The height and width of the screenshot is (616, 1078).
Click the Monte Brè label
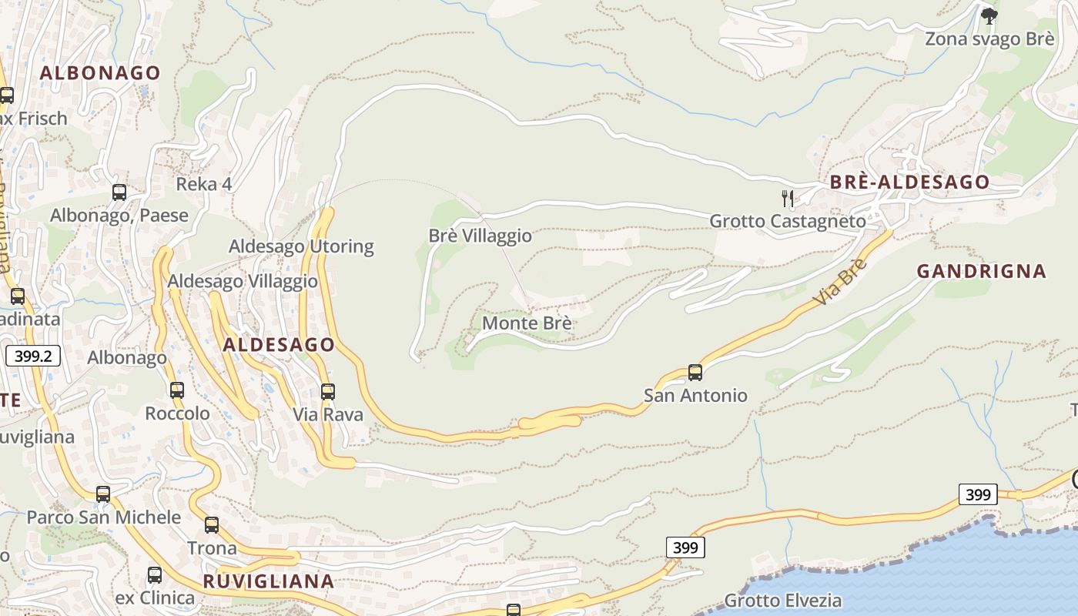tap(527, 323)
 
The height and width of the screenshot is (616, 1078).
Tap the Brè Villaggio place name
tap(480, 236)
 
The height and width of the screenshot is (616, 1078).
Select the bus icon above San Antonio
tap(695, 373)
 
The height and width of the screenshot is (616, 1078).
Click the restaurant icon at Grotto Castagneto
tap(787, 199)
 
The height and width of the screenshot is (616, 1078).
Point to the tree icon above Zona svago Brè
tap(989, 15)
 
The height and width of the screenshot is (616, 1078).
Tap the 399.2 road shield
tap(33, 356)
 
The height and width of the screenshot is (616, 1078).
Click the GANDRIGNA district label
tap(981, 271)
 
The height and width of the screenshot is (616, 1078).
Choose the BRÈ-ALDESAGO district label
tap(909, 182)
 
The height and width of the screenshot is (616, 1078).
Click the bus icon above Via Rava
tap(328, 391)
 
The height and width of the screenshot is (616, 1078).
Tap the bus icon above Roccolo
tap(177, 390)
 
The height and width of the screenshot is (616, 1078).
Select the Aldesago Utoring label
tap(301, 246)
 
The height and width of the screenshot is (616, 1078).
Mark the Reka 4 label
tap(204, 184)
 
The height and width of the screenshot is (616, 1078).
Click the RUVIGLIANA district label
tap(269, 581)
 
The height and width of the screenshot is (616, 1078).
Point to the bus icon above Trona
tap(212, 525)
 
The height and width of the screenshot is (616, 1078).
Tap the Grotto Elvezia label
tap(782, 601)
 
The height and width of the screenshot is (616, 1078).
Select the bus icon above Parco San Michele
tap(103, 494)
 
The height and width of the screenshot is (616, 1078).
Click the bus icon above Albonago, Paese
tap(119, 192)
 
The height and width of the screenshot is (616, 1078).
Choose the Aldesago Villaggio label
tap(243, 281)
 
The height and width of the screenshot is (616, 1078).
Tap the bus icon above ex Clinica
tap(155, 574)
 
